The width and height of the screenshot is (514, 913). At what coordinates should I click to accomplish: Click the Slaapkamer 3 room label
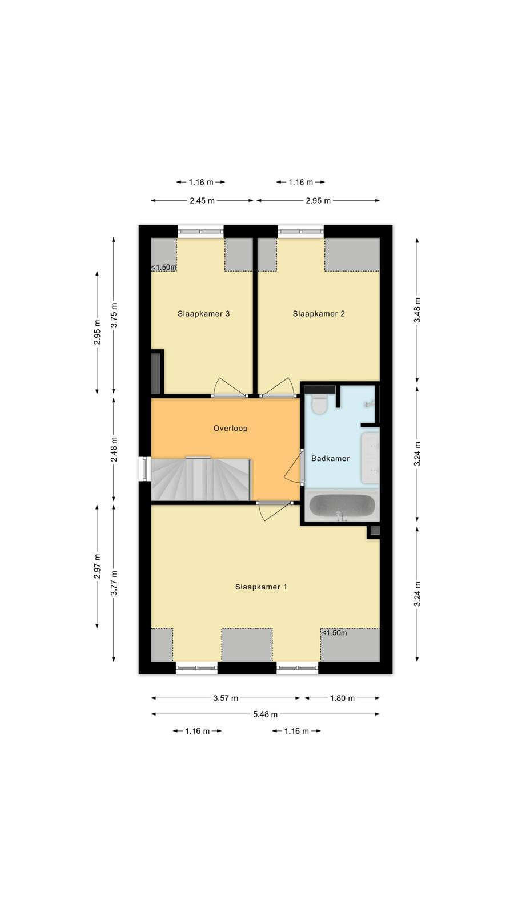[203, 313]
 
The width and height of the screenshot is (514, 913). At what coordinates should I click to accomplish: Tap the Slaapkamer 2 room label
[319, 313]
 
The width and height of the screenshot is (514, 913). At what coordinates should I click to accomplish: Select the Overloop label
[231, 428]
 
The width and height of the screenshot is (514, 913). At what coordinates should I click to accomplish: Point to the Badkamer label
[331, 459]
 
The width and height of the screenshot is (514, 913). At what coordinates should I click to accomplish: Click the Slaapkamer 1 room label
[261, 587]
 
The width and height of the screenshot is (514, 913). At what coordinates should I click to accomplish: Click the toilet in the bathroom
[319, 403]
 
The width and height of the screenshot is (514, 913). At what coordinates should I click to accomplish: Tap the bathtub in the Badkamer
[342, 506]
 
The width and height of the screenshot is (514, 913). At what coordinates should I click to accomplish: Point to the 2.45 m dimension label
[202, 200]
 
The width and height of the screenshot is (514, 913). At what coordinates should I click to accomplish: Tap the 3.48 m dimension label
[417, 310]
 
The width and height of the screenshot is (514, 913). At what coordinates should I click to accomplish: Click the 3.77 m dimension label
[114, 583]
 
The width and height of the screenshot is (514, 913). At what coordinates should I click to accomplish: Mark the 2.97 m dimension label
[97, 567]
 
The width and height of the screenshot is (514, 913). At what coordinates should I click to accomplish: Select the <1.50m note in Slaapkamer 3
[164, 268]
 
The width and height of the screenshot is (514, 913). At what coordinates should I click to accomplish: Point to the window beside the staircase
[145, 468]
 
